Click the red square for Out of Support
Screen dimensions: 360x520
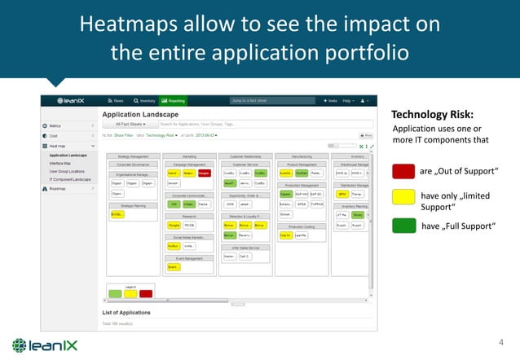tap(403, 171)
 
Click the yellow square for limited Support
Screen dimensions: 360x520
tap(403, 198)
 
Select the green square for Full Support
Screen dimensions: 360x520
tap(403, 226)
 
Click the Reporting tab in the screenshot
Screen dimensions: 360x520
tap(173, 100)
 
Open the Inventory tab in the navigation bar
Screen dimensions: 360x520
tap(145, 100)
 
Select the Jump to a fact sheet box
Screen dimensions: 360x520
tap(257, 100)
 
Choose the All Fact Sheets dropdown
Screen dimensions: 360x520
tap(130, 124)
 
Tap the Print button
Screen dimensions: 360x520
tap(366, 135)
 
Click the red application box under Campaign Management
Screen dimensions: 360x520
tap(204, 173)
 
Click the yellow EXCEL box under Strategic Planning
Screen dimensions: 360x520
tap(118, 215)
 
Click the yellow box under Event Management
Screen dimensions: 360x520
tap(174, 266)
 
